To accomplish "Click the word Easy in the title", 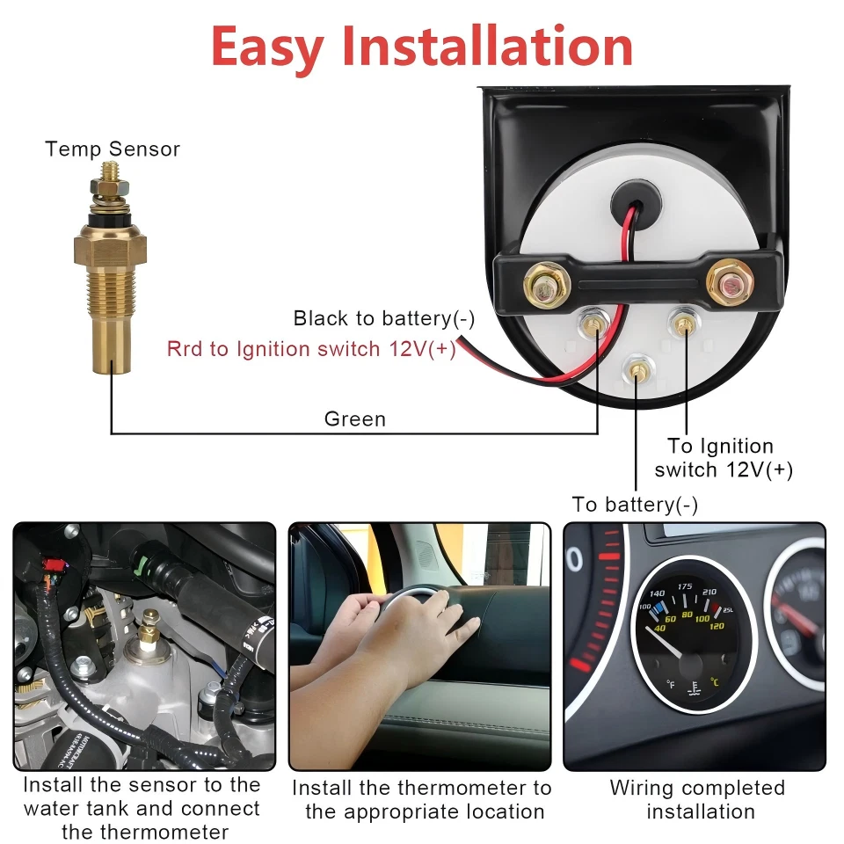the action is [267, 48].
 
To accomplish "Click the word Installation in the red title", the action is [487, 47].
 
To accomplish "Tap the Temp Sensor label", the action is [113, 149].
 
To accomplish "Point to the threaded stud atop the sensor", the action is [111, 171].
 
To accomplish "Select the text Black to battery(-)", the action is [384, 318].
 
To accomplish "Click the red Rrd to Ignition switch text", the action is [311, 349].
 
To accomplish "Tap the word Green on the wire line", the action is [355, 418].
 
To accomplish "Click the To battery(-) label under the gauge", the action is [635, 505].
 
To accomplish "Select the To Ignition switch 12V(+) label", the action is [724, 457].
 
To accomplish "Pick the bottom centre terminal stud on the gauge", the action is [637, 370].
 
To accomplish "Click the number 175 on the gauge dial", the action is [685, 586].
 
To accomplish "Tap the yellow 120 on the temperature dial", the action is [717, 626].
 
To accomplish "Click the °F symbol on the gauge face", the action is [671, 684].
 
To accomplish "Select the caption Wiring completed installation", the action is [697, 799].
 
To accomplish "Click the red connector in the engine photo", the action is [54, 565].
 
